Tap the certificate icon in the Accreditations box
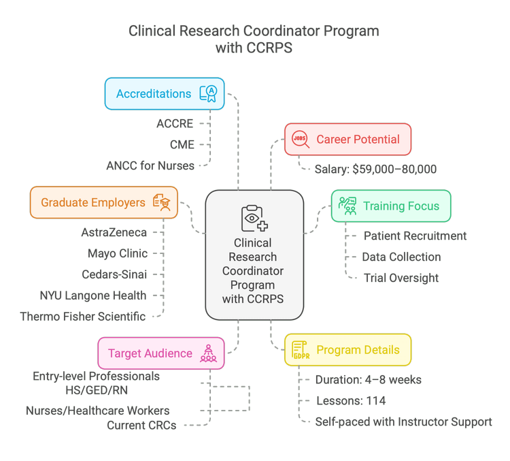208,93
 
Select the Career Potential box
347,140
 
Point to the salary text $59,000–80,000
375,169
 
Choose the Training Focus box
390,206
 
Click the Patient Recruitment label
415,236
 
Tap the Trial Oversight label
401,278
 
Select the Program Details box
347,350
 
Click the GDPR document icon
300,350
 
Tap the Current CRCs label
141,426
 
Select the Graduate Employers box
104,202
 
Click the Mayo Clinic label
117,254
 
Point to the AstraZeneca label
114,232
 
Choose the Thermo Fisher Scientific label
83,316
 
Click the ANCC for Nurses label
150,165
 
